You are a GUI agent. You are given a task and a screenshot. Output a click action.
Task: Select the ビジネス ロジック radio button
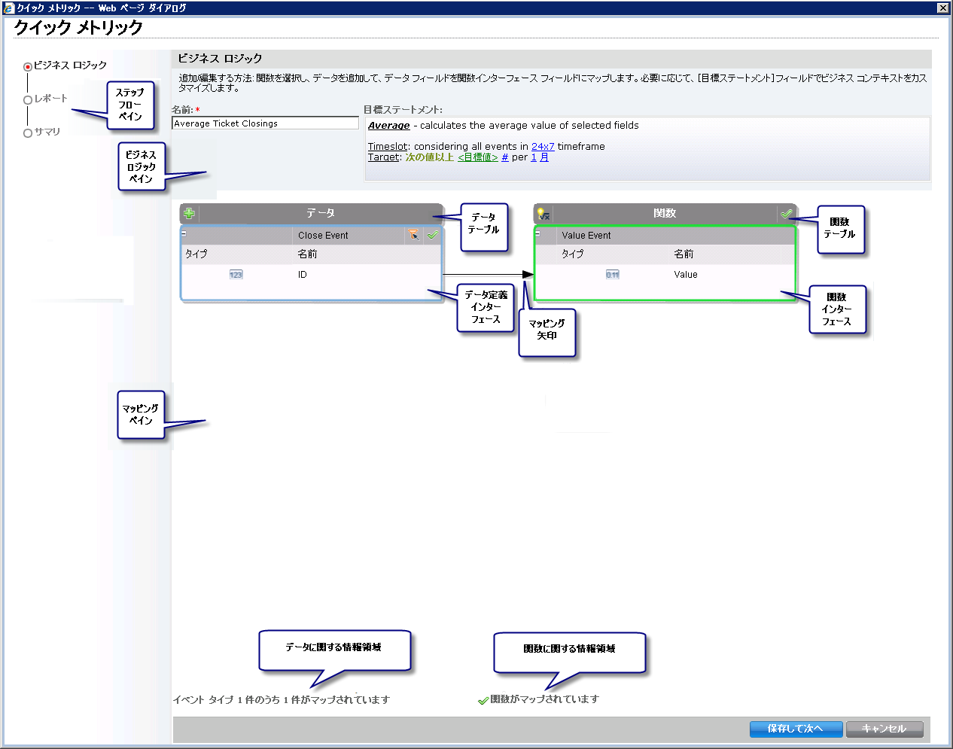[28, 66]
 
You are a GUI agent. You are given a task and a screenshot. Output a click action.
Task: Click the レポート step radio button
[28, 99]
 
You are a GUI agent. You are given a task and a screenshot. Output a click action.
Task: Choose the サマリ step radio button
[28, 132]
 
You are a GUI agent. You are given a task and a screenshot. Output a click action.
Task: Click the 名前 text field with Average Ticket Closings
[265, 123]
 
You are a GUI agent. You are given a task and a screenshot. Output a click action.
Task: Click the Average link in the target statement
[388, 126]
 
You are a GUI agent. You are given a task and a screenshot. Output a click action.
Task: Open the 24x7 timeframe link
[543, 147]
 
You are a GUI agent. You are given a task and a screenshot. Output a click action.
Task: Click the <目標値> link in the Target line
[478, 157]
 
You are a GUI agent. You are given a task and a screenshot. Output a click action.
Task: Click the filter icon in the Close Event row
[413, 235]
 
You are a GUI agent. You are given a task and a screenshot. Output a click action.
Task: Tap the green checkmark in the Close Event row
[433, 235]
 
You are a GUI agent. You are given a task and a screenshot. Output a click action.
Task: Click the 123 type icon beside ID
[236, 275]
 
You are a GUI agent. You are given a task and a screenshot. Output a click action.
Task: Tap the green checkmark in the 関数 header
[787, 214]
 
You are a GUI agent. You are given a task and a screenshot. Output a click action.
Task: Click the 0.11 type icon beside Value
[613, 275]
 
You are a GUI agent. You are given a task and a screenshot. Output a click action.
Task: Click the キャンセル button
[884, 729]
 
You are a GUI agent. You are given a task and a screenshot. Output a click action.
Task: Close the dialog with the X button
[942, 8]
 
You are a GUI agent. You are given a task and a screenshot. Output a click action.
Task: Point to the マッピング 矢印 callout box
[547, 332]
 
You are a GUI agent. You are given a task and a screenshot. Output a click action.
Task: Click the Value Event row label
[586, 236]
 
